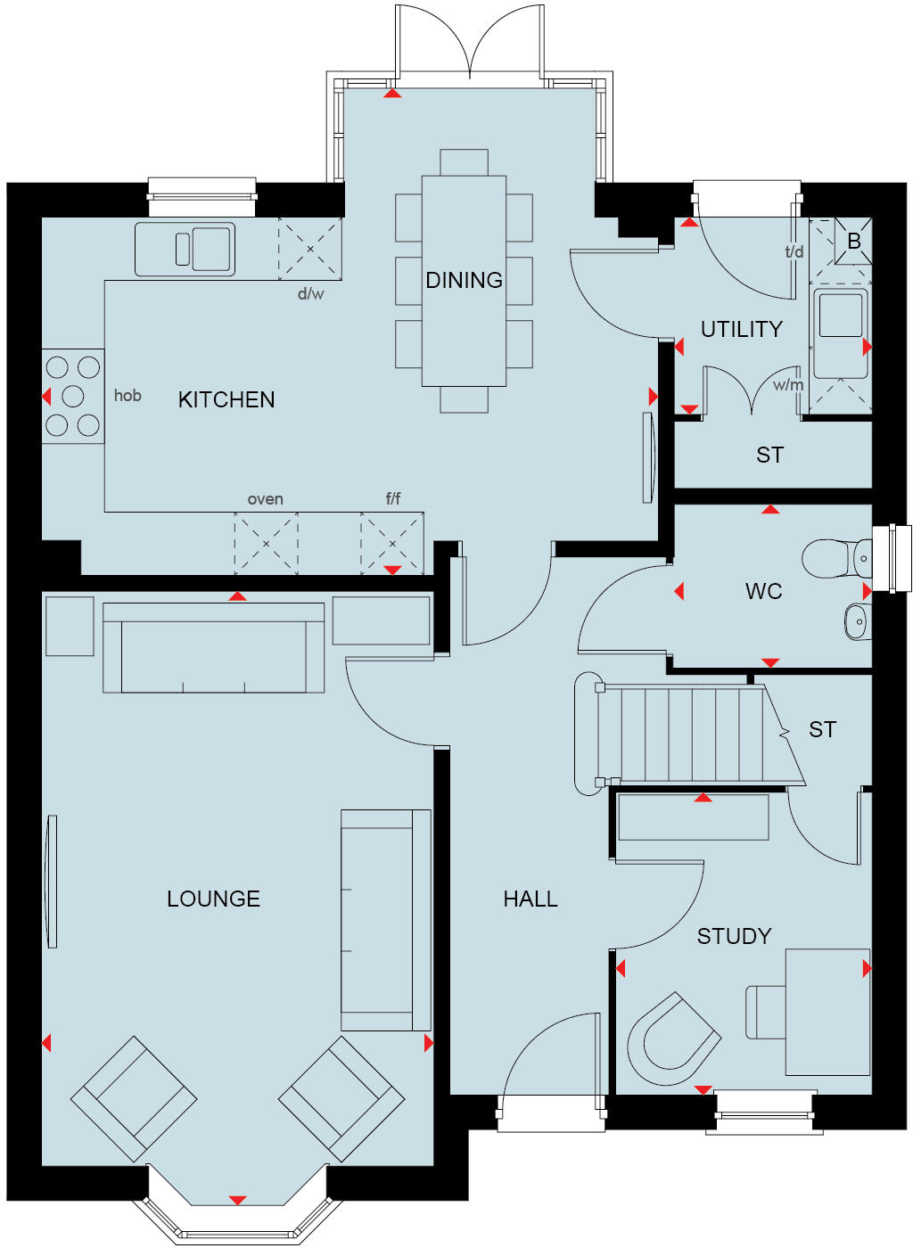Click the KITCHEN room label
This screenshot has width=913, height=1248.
pos(226,399)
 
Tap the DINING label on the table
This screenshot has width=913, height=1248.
pos(464,280)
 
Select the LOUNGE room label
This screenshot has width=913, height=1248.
pos(213,899)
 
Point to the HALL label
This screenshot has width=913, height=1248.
pos(531,899)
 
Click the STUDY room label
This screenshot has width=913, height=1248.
pos(734,936)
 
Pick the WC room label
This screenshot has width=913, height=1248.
pos(763,591)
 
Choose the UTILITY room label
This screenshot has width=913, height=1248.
pos(741,329)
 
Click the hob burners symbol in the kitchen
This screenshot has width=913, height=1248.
pos(73,396)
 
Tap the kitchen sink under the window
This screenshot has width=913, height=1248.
pos(185,249)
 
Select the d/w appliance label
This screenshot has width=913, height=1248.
pos(310,293)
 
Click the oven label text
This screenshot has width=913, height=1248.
pos(265,499)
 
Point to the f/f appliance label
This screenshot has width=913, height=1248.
pos(393,498)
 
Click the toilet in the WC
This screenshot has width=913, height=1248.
pos(835,559)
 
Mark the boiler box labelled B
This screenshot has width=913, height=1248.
pos(853,242)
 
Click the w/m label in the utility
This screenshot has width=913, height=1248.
pos(788,385)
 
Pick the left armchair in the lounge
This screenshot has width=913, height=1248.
pos(134,1098)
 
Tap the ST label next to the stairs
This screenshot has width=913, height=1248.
pos(822,730)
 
